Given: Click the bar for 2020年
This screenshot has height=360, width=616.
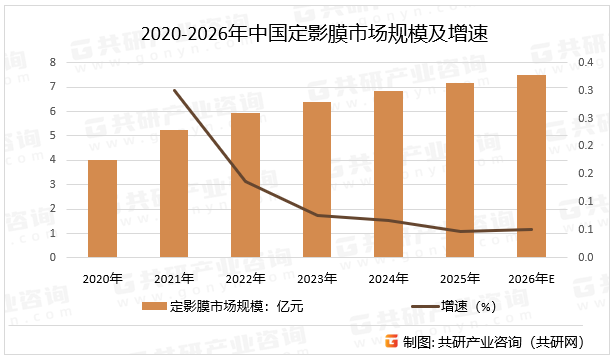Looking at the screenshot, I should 102,208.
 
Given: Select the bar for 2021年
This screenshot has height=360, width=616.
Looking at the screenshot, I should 174,193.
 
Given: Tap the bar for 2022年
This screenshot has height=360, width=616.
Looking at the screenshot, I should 245,185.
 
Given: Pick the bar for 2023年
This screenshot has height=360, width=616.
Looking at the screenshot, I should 317,179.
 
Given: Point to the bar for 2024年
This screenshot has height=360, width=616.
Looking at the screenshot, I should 388,174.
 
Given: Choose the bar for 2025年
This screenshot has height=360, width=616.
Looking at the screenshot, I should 460,170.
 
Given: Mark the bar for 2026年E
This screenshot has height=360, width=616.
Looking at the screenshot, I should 531,166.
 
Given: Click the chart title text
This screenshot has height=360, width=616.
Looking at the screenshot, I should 308,33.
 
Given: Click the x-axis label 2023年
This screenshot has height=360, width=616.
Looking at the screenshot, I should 317,279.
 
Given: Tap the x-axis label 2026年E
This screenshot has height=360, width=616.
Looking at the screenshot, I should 531,279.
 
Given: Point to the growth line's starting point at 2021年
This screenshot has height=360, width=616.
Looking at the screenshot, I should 174,90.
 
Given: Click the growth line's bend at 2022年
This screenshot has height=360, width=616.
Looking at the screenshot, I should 245,182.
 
